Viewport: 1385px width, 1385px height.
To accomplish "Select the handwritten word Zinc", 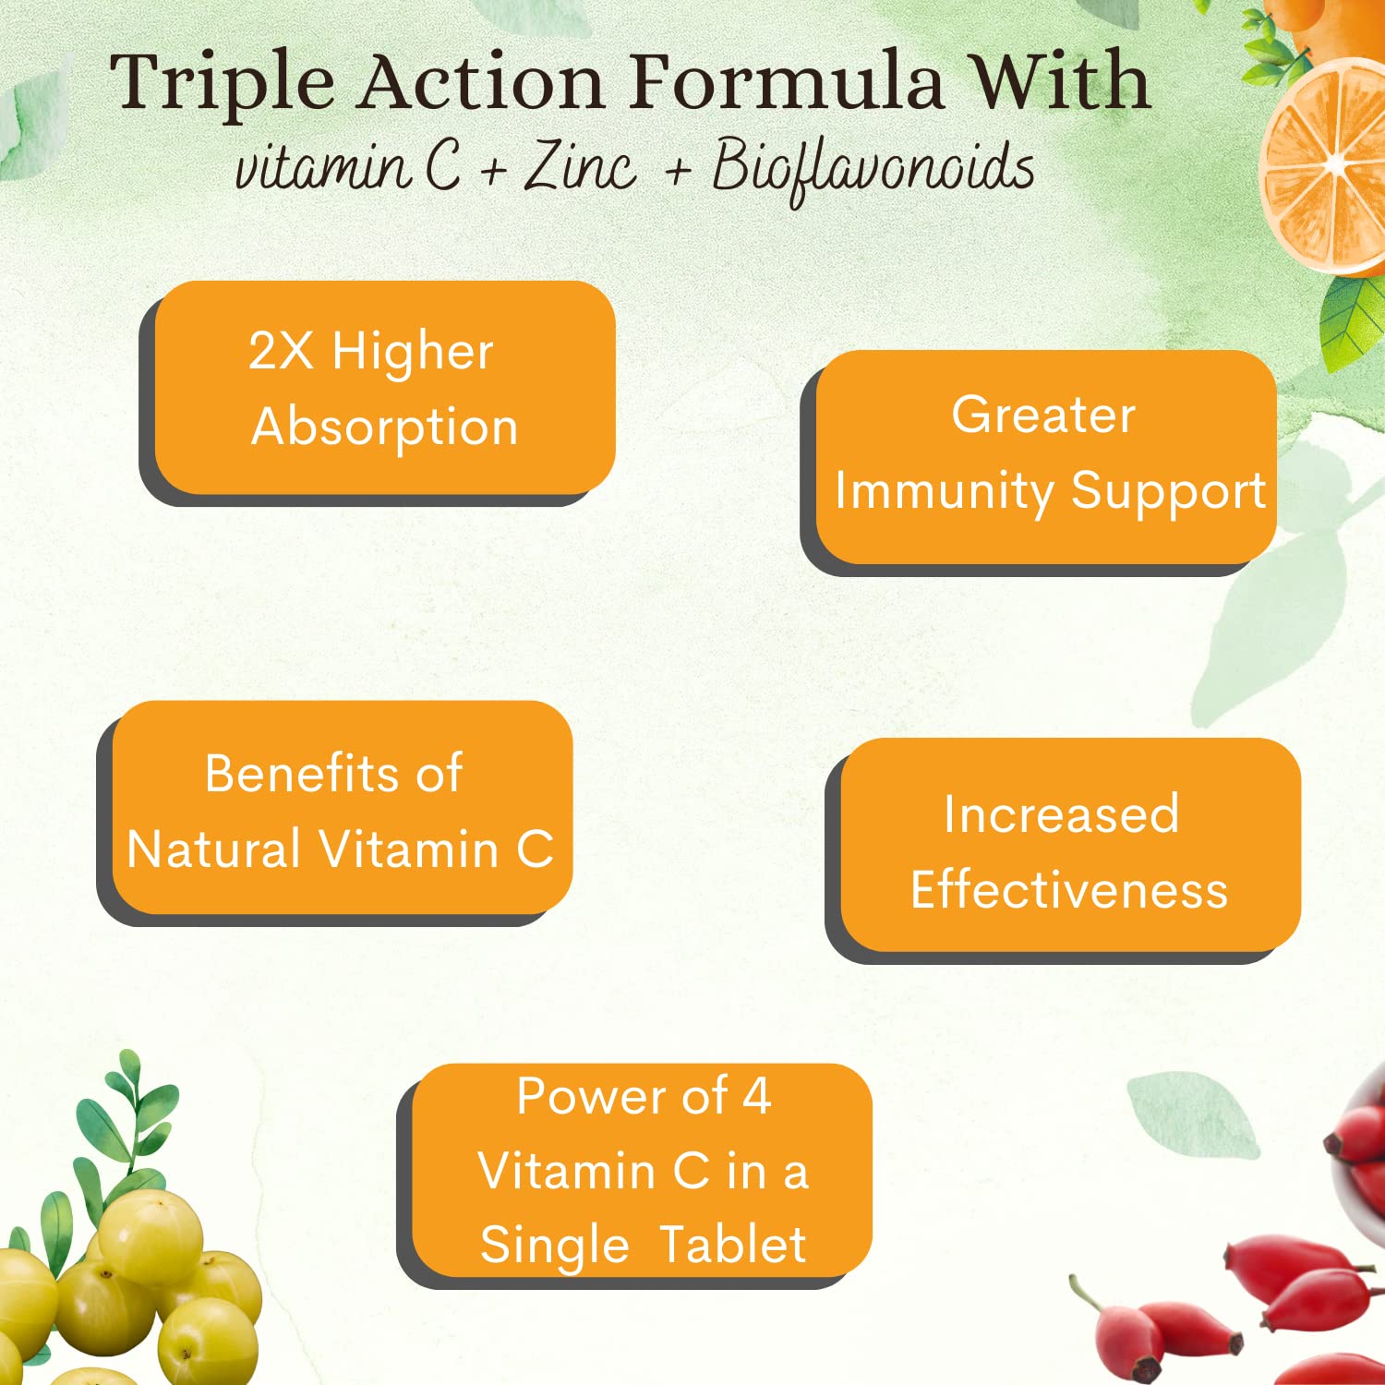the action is coord(580,166).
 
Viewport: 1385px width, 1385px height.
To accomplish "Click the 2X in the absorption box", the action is coord(281,351).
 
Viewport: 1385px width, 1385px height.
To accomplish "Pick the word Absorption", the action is coord(384,428).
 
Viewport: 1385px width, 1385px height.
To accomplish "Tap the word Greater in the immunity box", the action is coord(1043,415).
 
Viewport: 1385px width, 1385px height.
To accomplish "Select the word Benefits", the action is coord(301,773).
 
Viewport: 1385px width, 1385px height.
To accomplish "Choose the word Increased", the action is coord(1061,814).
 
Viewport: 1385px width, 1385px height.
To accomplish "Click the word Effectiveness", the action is coord(1069,889).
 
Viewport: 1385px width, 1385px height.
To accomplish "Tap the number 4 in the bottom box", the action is coord(757,1097).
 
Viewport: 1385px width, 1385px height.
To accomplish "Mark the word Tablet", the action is coord(733,1244).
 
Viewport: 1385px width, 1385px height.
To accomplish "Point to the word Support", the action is coord(1169,491).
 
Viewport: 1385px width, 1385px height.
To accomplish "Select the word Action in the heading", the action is coord(481,81).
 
